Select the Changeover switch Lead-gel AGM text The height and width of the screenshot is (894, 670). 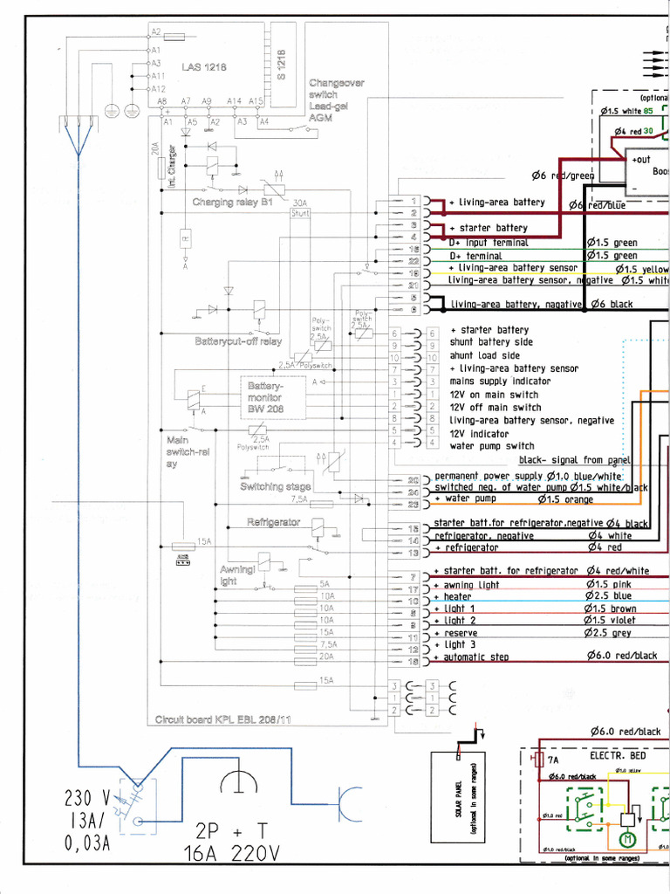point(336,100)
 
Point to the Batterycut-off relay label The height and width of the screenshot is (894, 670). point(238,341)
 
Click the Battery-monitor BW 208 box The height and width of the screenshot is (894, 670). point(272,397)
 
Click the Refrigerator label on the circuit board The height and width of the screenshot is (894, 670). point(274,522)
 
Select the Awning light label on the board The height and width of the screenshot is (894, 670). point(236,574)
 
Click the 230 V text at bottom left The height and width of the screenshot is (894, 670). point(87,799)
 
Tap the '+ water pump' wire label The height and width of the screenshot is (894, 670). point(465,499)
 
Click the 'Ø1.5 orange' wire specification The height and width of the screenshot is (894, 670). point(565,499)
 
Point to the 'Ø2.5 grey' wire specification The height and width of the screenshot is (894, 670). point(610,632)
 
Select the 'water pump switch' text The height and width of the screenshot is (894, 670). point(492,446)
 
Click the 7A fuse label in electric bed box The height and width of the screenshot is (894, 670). point(553,760)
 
